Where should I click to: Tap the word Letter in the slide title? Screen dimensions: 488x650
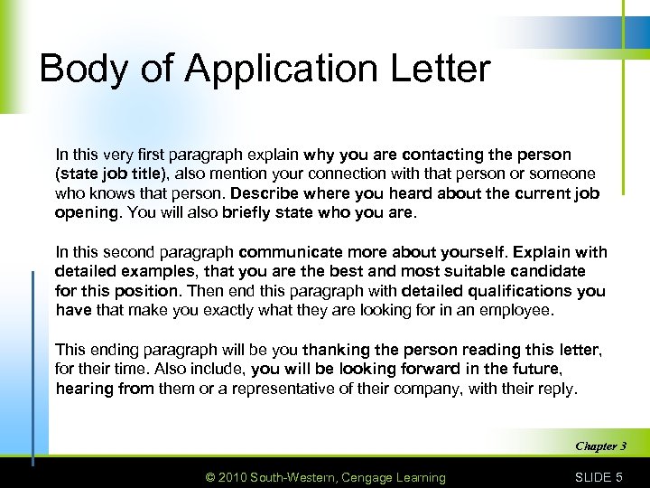point(436,70)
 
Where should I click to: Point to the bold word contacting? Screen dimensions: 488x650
point(438,155)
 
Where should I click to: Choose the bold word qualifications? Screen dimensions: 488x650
point(515,290)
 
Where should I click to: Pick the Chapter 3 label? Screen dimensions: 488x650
point(599,446)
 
